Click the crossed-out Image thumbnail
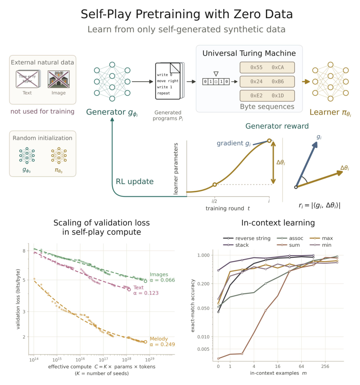(59, 79)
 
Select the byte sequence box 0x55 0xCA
(267, 67)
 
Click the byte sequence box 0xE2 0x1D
(267, 96)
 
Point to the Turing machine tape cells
(216, 81)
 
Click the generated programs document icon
(170, 81)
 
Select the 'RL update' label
(135, 182)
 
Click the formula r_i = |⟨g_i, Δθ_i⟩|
(319, 205)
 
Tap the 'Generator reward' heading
(277, 126)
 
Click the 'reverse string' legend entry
(247, 238)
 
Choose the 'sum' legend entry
(288, 245)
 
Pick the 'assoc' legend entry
(290, 238)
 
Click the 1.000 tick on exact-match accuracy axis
(204, 255)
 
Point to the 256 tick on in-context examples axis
(325, 366)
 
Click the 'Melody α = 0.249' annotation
(162, 341)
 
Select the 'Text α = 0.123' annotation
(146, 290)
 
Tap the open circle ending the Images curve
(145, 281)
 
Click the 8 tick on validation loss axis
(24, 251)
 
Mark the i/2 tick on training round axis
(214, 201)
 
